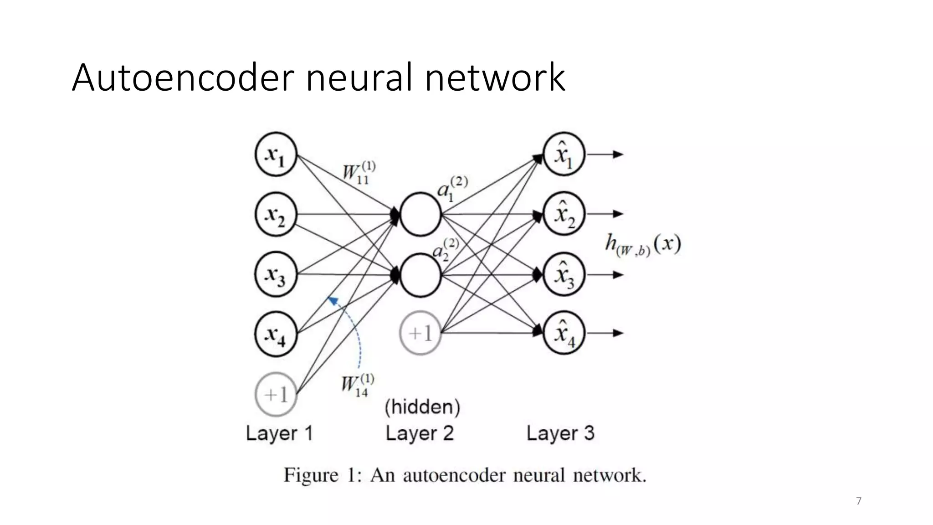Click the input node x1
tap(276, 154)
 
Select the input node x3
tap(276, 274)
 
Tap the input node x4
tap(276, 334)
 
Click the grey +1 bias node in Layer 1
tap(276, 394)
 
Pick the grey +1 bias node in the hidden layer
tap(420, 333)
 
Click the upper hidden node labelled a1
tap(420, 214)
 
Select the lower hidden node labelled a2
tap(420, 275)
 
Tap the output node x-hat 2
tap(564, 214)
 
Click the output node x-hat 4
tap(564, 333)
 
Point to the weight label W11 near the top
tap(359, 173)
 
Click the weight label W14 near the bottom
tap(358, 386)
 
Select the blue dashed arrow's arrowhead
tap(332, 300)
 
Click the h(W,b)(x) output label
tap(643, 245)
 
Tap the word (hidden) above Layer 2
tap(422, 407)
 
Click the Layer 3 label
tap(560, 433)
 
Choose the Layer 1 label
tap(279, 433)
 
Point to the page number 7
tap(859, 501)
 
